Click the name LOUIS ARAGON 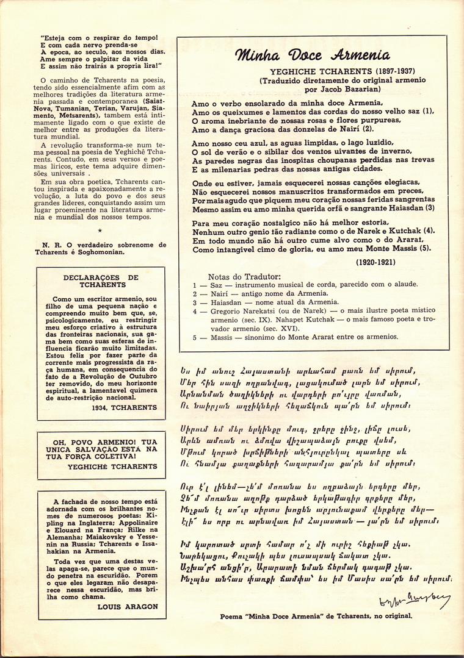[x=130, y=607]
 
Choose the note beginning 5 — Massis [x=295, y=337]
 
